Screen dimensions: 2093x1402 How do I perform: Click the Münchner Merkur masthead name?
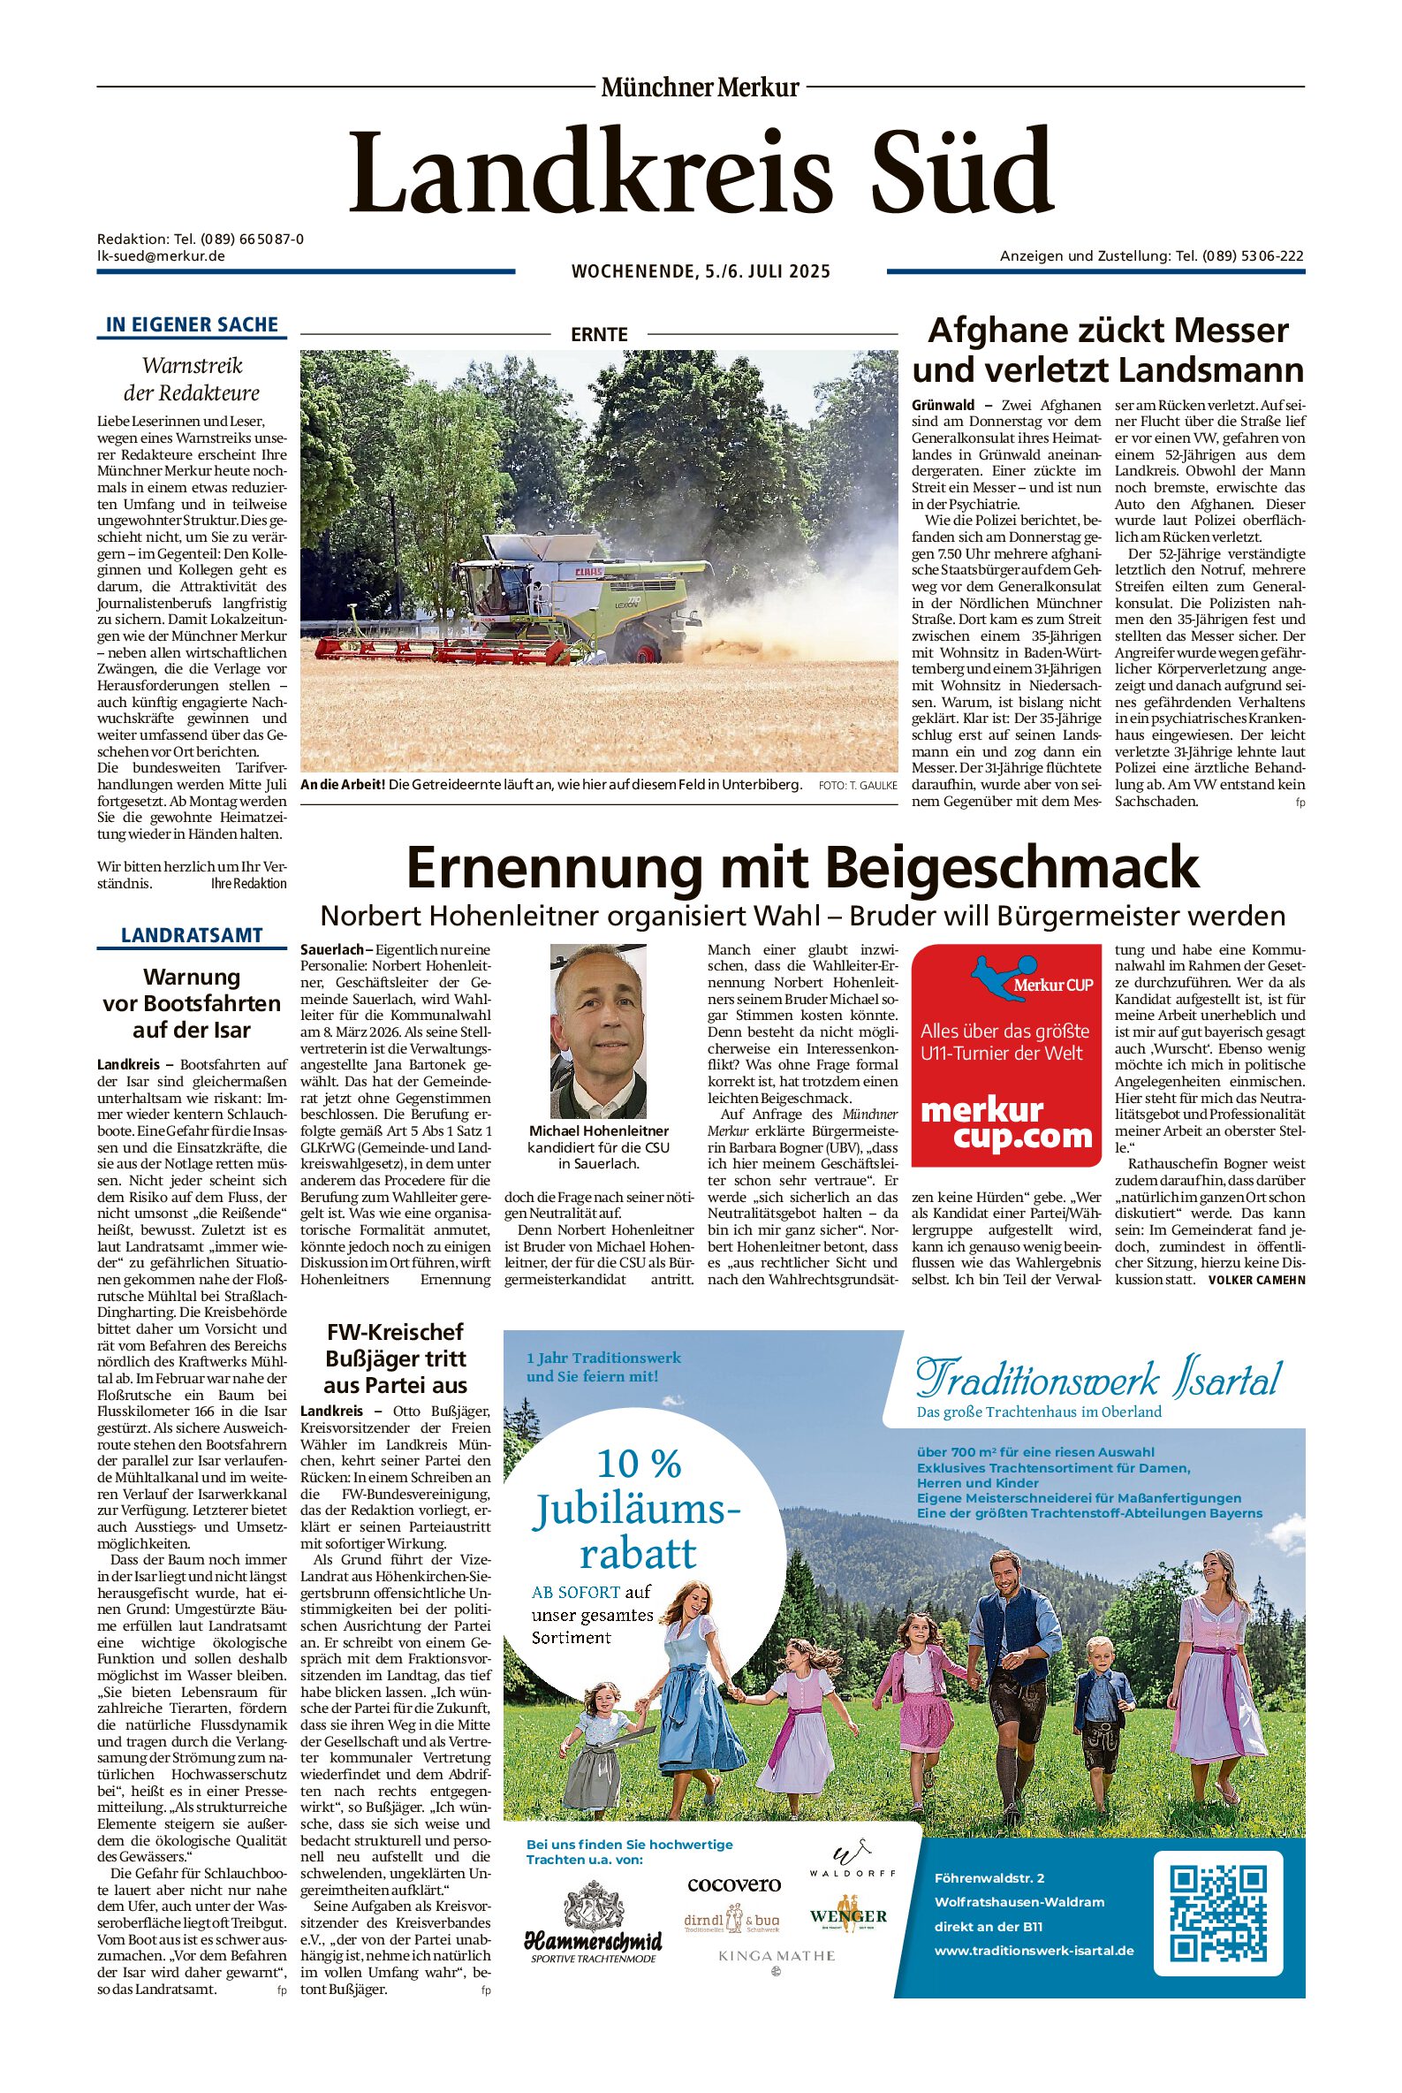700,88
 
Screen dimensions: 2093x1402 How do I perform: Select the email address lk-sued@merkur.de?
161,255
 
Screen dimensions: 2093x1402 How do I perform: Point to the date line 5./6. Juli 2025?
701,271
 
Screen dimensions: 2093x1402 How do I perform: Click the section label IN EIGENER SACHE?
192,324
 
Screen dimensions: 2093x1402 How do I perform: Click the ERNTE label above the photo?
599,334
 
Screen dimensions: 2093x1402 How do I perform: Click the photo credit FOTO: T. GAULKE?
857,786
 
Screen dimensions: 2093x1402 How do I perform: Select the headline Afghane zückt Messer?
1108,331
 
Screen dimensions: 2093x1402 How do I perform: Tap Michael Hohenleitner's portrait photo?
597,1031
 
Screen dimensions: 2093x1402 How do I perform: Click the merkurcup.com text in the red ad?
1006,1123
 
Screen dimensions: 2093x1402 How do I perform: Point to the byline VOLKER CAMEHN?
1256,1280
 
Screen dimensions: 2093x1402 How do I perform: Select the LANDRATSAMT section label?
192,936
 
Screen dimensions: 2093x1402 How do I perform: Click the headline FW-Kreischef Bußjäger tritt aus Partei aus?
395,1358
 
